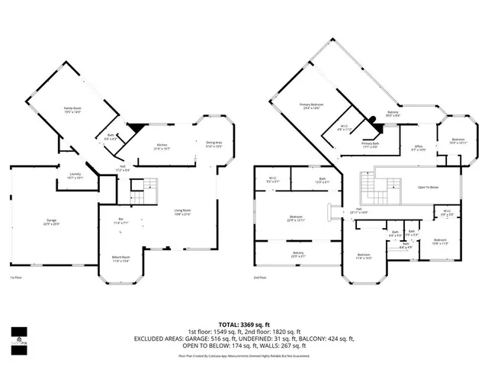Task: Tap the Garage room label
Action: (x=50, y=222)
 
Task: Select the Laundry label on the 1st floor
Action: (x=75, y=175)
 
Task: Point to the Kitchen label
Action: (x=162, y=146)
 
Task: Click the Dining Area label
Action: (x=214, y=144)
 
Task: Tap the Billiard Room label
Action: (x=121, y=258)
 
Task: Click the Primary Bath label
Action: (x=371, y=145)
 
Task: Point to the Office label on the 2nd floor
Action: (x=419, y=147)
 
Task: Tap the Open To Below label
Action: (x=429, y=187)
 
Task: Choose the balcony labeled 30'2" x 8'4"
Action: (x=393, y=114)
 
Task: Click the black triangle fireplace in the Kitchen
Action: (x=135, y=128)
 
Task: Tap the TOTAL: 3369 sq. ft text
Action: (x=243, y=324)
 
